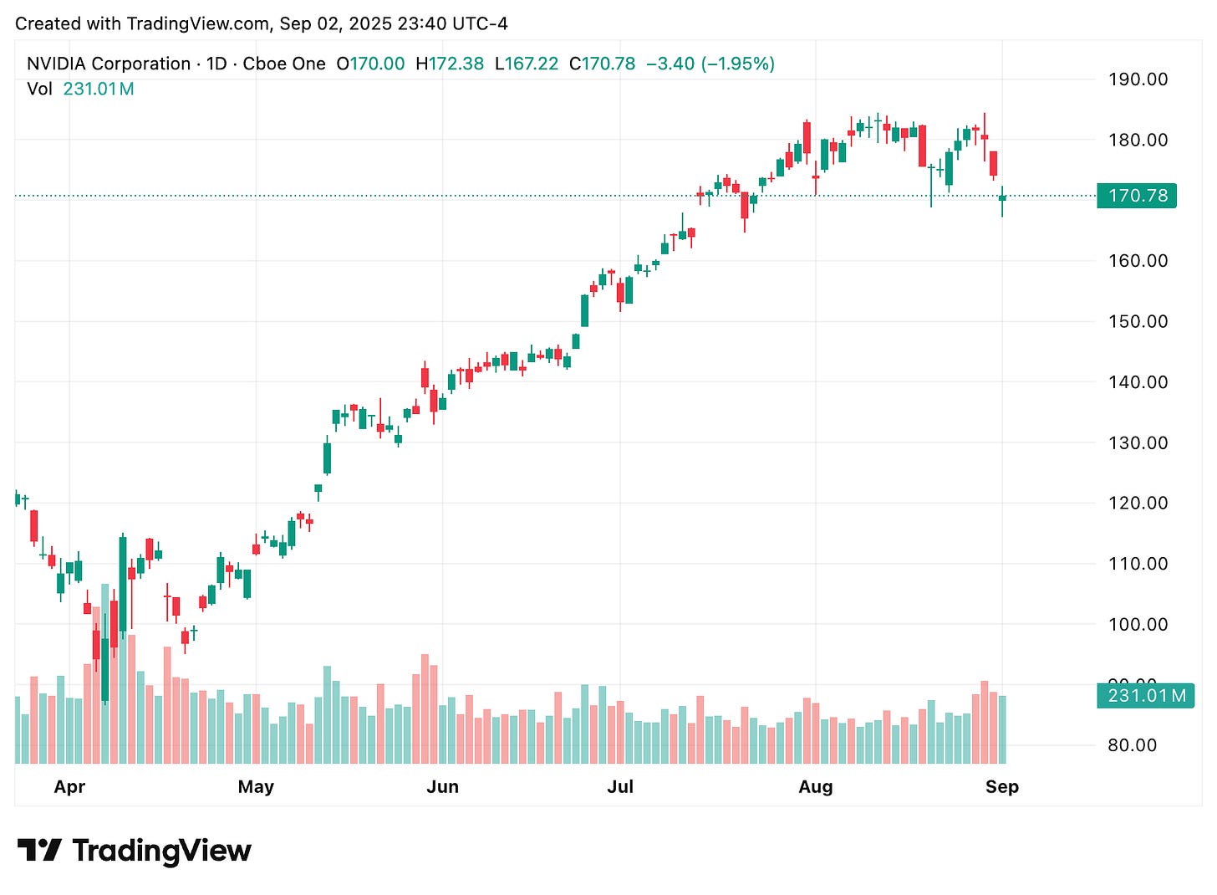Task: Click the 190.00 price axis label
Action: [x=1138, y=79]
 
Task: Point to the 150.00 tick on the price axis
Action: [x=1138, y=321]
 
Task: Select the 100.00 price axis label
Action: [x=1138, y=624]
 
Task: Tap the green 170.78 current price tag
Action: [x=1137, y=196]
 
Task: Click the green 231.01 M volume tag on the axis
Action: [x=1146, y=696]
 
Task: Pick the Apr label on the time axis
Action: [x=69, y=787]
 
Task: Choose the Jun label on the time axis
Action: [x=442, y=787]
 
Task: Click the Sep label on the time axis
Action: [x=1001, y=787]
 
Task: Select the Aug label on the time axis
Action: [x=815, y=787]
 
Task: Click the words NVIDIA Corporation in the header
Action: [x=109, y=64]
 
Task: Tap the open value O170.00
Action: [x=370, y=64]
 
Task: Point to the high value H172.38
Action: [x=450, y=64]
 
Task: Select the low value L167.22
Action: [x=527, y=64]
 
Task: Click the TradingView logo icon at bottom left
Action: [x=39, y=851]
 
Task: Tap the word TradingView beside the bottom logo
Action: [x=161, y=851]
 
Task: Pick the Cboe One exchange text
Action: [x=284, y=64]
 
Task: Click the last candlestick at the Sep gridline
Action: [x=1002, y=197]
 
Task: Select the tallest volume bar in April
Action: [x=105, y=673]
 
